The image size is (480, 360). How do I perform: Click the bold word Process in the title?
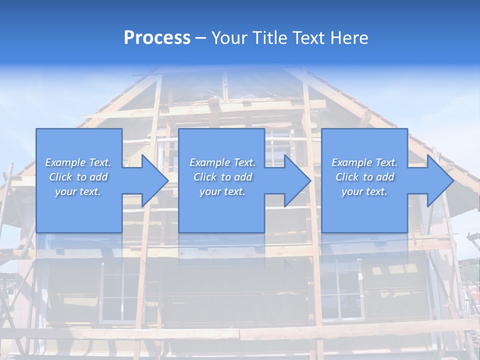coord(157,38)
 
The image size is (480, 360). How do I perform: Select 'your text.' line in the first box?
coord(78,191)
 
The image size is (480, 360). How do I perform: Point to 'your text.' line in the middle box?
coord(222,191)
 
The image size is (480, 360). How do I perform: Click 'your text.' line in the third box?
coord(364,191)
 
